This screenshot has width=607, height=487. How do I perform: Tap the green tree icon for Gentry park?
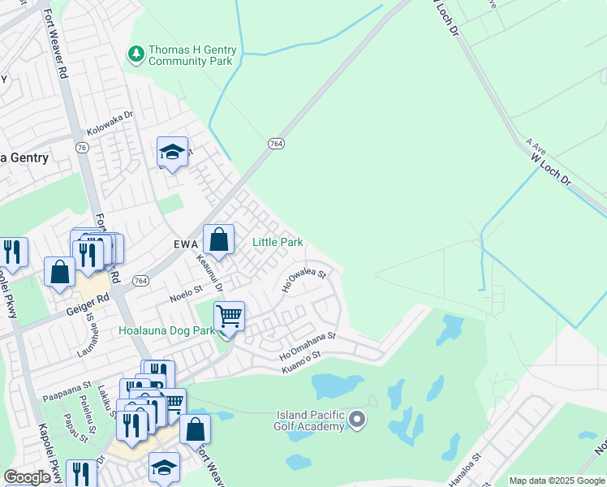[x=136, y=54]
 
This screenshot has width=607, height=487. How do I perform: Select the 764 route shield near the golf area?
[x=276, y=144]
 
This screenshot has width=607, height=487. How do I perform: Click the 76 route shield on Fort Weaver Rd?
[x=81, y=148]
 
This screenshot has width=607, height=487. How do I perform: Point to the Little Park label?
[x=278, y=242]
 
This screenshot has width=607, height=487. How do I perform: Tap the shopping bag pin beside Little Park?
[x=218, y=240]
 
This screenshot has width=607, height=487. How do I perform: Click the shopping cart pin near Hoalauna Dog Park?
[x=230, y=316]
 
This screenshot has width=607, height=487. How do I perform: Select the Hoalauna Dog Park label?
[x=166, y=330]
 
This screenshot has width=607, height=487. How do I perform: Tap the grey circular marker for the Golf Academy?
[x=358, y=420]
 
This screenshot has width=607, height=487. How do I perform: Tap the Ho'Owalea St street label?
[x=303, y=281]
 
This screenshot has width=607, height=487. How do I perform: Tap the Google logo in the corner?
[x=27, y=477]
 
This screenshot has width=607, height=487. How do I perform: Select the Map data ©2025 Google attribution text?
[x=557, y=481]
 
